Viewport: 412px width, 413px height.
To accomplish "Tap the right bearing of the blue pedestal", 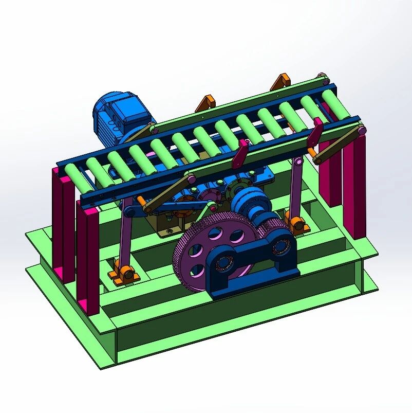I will (280, 246).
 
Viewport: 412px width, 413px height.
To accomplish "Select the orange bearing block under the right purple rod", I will (297, 224).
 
